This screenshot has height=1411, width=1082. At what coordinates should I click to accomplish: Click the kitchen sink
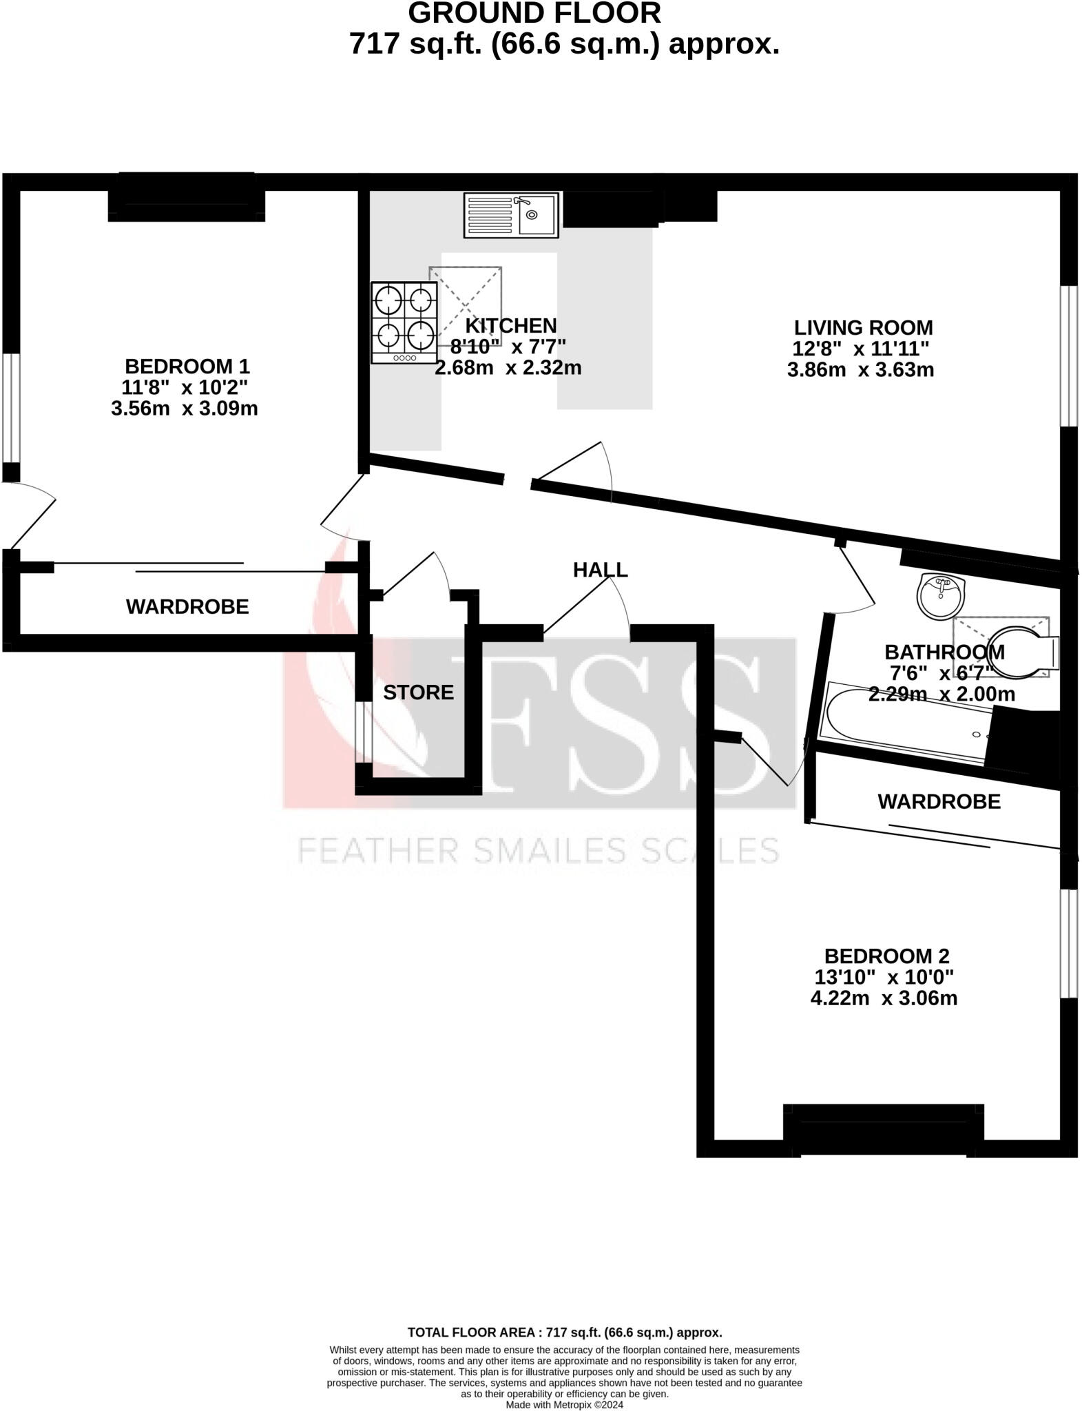(x=510, y=215)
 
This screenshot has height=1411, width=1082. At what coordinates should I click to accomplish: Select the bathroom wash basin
(x=941, y=595)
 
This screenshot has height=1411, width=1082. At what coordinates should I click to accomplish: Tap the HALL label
(x=600, y=570)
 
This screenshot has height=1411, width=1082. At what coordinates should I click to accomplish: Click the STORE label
(x=418, y=692)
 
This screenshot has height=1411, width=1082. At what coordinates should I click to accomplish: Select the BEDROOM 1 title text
(x=187, y=366)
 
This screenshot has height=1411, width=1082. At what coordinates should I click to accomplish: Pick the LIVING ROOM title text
(x=863, y=327)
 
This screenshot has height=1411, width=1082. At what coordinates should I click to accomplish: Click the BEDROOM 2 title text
(x=886, y=956)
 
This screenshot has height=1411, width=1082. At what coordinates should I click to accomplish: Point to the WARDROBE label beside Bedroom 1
(x=187, y=606)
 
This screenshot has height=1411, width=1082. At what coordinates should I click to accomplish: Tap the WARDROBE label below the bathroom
(x=939, y=801)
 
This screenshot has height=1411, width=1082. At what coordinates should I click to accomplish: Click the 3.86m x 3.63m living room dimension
(x=860, y=370)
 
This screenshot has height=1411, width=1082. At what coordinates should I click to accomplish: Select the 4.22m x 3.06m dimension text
(x=884, y=998)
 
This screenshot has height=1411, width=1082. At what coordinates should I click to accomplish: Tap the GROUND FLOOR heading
(x=534, y=14)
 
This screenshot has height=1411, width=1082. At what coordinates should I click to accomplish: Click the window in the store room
(x=362, y=732)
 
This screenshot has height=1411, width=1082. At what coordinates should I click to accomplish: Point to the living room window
(x=1068, y=356)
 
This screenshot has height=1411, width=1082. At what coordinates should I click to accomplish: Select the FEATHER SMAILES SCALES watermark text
(x=538, y=850)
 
